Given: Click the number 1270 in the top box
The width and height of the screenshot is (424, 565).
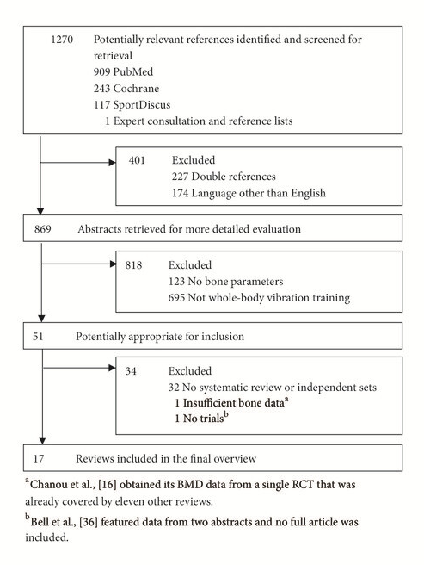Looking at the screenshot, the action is (x=62, y=40).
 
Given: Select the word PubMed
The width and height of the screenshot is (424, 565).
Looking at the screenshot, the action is (x=133, y=71).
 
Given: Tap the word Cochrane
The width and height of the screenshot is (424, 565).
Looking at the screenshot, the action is (x=136, y=88).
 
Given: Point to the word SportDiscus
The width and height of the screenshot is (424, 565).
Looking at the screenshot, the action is (x=142, y=105).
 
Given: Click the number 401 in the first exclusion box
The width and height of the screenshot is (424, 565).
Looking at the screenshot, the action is (x=137, y=160).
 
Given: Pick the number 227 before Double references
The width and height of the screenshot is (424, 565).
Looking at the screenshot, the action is (x=180, y=177).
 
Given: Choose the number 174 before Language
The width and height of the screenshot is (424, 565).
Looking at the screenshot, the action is (x=180, y=193).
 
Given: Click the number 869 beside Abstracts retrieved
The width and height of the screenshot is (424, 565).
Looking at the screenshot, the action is (x=42, y=229).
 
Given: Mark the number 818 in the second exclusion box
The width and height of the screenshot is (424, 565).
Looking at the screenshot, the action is (x=133, y=265).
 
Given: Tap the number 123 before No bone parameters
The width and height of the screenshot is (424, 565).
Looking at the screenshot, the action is (x=176, y=282).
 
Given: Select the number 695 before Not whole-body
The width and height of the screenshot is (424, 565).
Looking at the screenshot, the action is (x=176, y=298).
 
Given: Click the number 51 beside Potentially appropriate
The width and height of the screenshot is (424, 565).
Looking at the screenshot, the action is (x=38, y=337).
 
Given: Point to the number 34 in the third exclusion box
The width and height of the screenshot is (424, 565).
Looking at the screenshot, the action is (x=131, y=371).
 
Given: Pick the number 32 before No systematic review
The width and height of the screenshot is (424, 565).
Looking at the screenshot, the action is (x=174, y=388).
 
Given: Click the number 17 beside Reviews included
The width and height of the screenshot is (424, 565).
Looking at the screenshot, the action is (x=39, y=459).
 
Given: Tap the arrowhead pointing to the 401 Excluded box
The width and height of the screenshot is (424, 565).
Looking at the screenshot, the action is (x=113, y=163).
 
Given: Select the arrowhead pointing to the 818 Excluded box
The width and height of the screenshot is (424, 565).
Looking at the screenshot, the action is (x=113, y=264).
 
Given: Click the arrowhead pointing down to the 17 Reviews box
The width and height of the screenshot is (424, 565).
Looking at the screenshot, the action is (x=42, y=441).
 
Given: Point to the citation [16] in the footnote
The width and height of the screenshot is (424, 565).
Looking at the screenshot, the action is (x=107, y=484).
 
